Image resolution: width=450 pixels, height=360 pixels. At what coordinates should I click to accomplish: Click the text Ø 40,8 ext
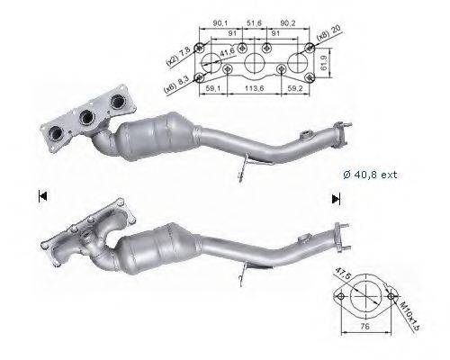pyautogui.click(x=369, y=175)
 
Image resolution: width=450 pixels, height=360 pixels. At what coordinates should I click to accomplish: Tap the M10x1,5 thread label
pyautogui.click(x=404, y=302)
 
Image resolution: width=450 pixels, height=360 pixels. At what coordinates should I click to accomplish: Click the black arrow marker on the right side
pyautogui.click(x=336, y=199)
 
